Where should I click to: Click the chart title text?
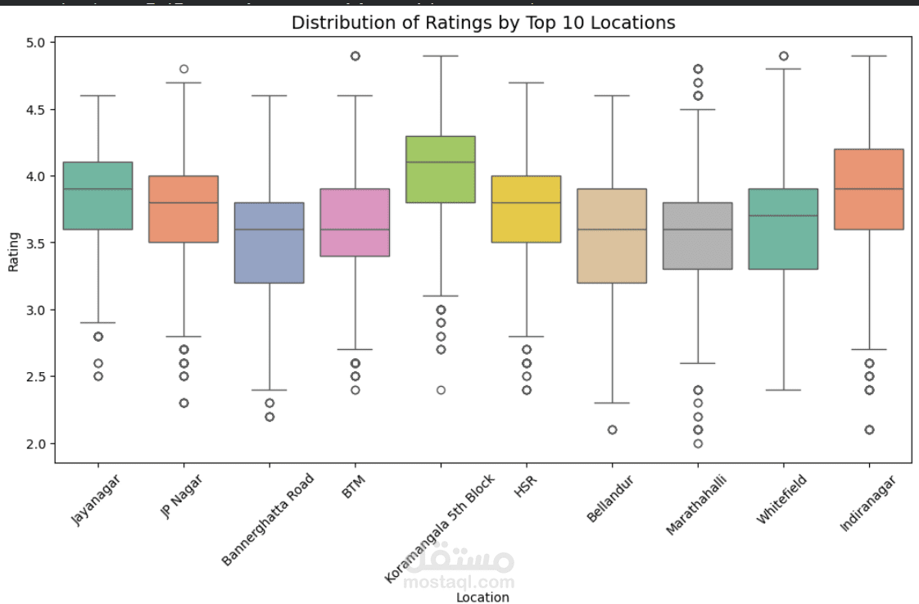click(483, 22)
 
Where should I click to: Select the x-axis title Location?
click(482, 597)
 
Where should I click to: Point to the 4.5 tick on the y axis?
click(39, 109)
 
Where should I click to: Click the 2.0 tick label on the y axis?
click(39, 443)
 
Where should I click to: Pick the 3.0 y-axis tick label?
click(39, 310)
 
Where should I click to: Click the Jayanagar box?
click(97, 196)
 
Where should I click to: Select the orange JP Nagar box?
click(183, 209)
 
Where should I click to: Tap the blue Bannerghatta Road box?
click(269, 243)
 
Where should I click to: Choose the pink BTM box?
click(355, 222)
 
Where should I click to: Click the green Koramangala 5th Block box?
click(441, 169)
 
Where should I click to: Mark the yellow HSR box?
click(526, 209)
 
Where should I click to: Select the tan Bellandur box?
click(612, 236)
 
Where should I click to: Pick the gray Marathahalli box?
click(698, 236)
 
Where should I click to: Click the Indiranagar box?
click(869, 189)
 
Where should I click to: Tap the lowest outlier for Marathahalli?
click(698, 443)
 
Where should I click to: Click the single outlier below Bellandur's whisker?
click(612, 429)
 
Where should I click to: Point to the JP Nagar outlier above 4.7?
click(183, 69)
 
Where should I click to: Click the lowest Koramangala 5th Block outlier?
click(441, 390)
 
